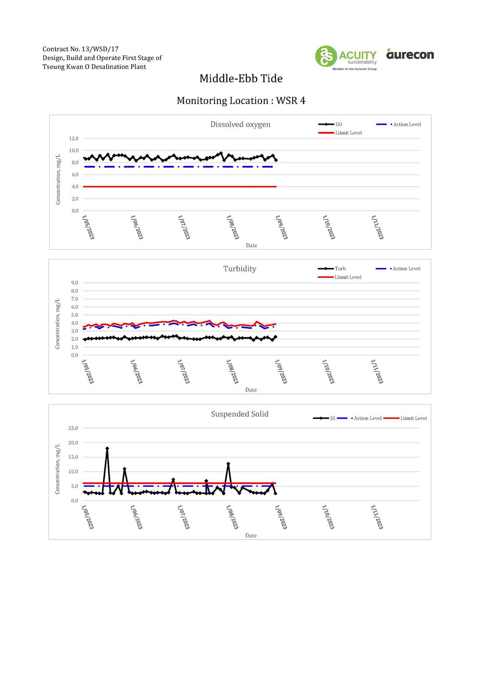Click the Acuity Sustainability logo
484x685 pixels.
pyautogui.click(x=346, y=58)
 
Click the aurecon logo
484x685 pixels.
pyautogui.click(x=410, y=54)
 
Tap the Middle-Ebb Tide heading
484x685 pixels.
pyautogui.click(x=241, y=79)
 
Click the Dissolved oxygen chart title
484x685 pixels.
pyautogui.click(x=240, y=124)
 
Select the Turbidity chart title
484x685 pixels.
pyautogui.click(x=240, y=268)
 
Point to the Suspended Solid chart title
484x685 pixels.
pyautogui.click(x=240, y=414)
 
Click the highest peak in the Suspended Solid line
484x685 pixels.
pyautogui.click(x=107, y=448)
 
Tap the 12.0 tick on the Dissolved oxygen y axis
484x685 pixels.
pyautogui.click(x=74, y=138)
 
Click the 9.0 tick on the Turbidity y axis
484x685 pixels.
pyautogui.click(x=75, y=283)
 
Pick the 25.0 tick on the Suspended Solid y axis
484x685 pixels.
pyautogui.click(x=73, y=428)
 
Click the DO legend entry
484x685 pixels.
pyautogui.click(x=330, y=124)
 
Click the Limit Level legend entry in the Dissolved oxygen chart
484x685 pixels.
pyautogui.click(x=340, y=133)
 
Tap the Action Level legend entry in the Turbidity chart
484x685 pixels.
pyautogui.click(x=398, y=268)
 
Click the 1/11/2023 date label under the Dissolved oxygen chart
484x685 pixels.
pyautogui.click(x=377, y=227)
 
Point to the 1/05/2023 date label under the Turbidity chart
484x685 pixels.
pyautogui.click(x=88, y=371)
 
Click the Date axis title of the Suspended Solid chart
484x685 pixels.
pyautogui.click(x=251, y=535)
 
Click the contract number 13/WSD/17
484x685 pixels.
pyautogui.click(x=100, y=49)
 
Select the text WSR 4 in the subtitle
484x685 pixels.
pyautogui.click(x=290, y=101)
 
